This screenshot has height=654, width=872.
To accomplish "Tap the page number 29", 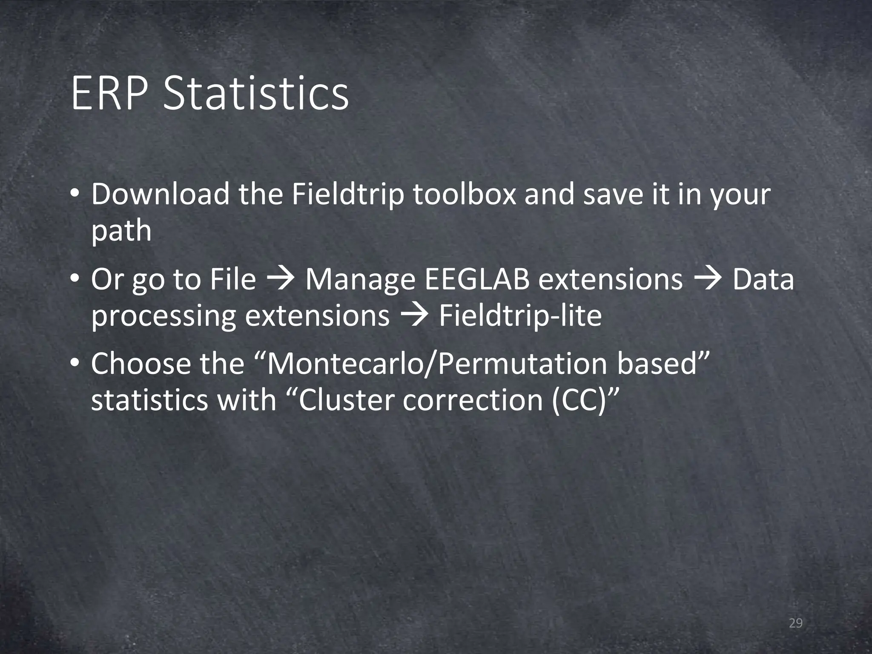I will pyautogui.click(x=795, y=623).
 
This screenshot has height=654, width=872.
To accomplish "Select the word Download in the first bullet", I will pyautogui.click(x=160, y=194).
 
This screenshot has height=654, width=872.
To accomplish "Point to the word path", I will pyautogui.click(x=121, y=231).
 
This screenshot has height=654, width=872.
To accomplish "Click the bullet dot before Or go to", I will pyautogui.click(x=75, y=280).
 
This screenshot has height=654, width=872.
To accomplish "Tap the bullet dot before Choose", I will pyautogui.click(x=75, y=364).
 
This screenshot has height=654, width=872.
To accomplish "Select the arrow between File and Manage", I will pyautogui.click(x=281, y=280).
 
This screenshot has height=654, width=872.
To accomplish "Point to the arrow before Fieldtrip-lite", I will pyautogui.click(x=414, y=316).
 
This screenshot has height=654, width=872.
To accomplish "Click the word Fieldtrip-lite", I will pyautogui.click(x=520, y=316).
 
